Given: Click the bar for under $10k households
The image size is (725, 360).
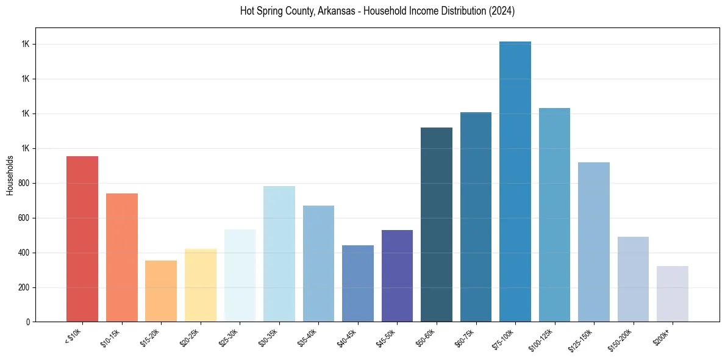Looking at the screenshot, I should pyautogui.click(x=82, y=239).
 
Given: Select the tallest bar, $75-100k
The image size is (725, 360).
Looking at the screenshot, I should pyautogui.click(x=515, y=181).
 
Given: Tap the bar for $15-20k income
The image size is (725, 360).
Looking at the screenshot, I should pyautogui.click(x=161, y=291).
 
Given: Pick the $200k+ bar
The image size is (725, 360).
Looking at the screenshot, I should pyautogui.click(x=673, y=293).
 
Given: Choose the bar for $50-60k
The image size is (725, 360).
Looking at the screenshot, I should pyautogui.click(x=437, y=225).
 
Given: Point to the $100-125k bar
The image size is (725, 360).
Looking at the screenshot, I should pyautogui.click(x=554, y=215).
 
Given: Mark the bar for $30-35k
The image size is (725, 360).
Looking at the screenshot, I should pyautogui.click(x=279, y=254).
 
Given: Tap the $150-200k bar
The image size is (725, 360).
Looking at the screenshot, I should pyautogui.click(x=633, y=279).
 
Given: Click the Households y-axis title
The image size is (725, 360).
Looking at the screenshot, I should pyautogui.click(x=10, y=175).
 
